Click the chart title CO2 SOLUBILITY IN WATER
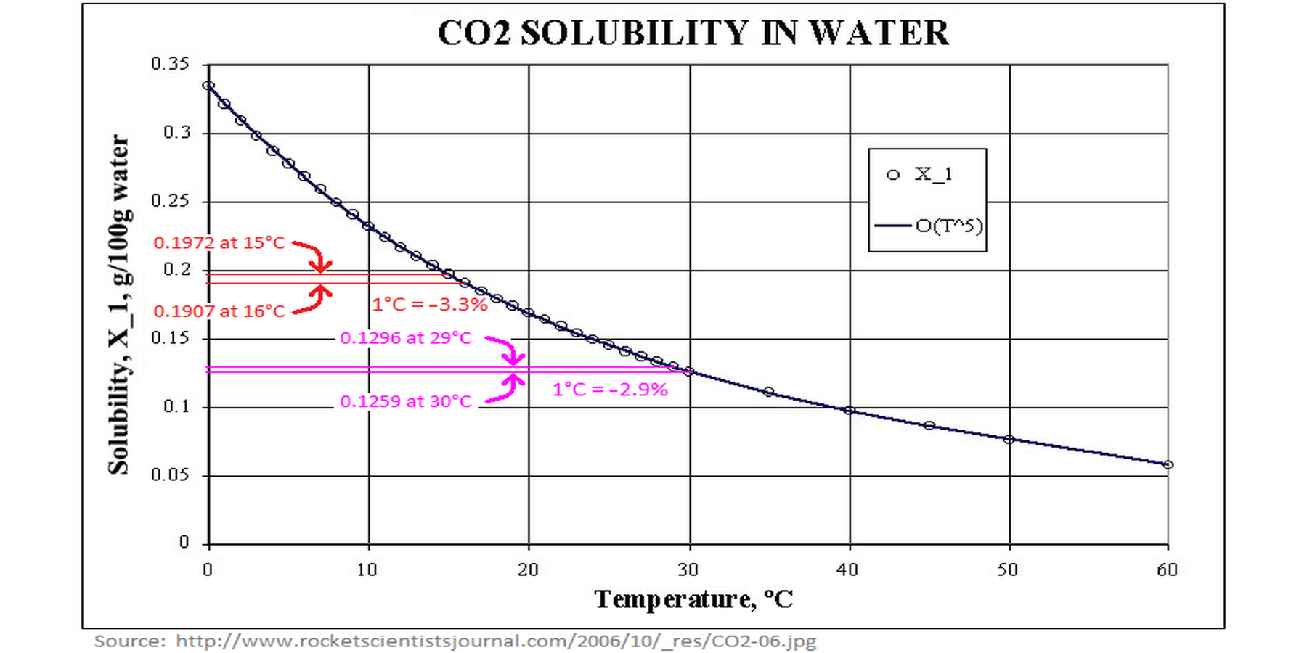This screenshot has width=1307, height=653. point(693,33)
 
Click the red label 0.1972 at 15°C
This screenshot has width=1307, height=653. point(219,243)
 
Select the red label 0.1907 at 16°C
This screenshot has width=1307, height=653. point(219,311)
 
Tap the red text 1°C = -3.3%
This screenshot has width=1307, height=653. point(429,305)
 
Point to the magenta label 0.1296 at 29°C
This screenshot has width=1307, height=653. point(406,338)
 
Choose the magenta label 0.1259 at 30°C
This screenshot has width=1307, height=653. point(406,401)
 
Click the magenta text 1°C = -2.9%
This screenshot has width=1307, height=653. point(610,390)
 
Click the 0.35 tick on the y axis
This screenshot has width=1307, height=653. point(170,64)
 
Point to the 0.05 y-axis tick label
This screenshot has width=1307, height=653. point(170,475)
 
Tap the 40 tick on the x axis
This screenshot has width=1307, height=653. point(848,570)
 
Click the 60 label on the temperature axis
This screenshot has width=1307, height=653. point(1167,570)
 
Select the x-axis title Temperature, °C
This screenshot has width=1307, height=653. point(693,599)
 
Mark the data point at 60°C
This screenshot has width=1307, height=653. point(1168,464)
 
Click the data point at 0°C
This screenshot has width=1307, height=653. point(208,86)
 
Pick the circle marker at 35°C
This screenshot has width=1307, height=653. point(769,392)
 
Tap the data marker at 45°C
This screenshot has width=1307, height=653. point(929,425)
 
